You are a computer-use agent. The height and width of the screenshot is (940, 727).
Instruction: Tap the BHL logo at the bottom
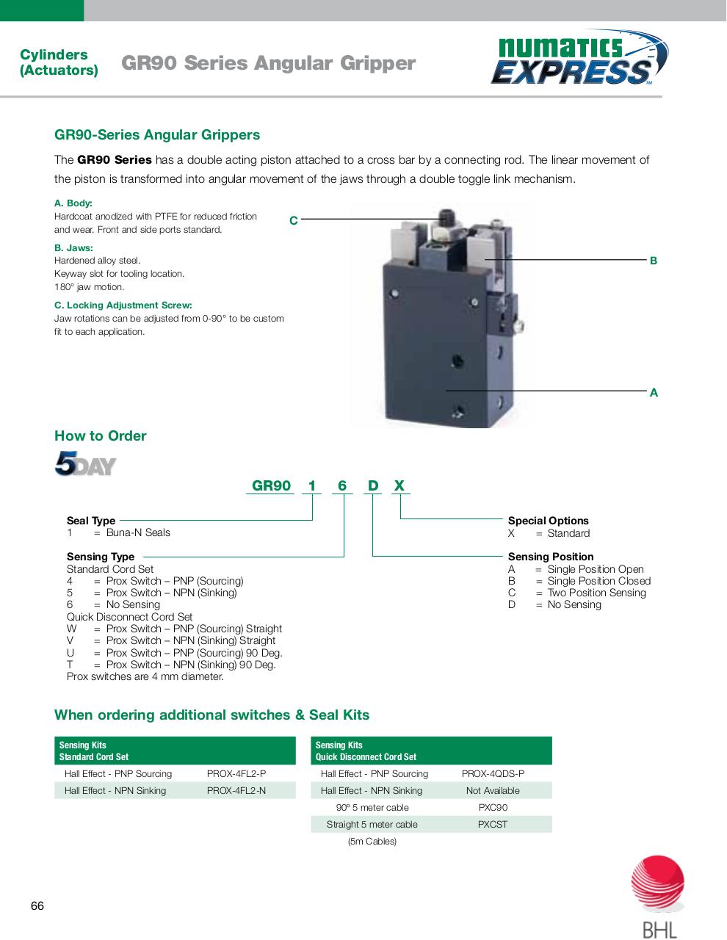658,898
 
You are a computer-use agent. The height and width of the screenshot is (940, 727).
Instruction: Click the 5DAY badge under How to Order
84,464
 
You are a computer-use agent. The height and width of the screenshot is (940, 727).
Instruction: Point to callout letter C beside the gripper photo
293,220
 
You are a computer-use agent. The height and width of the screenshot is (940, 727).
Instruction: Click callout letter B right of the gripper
654,261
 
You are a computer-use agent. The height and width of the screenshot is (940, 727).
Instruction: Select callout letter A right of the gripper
654,393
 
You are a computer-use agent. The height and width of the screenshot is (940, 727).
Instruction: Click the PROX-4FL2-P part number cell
236,774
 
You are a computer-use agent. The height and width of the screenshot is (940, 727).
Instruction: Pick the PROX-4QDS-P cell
493,774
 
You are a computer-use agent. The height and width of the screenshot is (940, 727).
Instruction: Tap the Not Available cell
493,791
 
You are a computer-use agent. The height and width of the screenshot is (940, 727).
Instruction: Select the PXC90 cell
493,808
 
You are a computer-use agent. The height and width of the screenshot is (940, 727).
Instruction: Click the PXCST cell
493,825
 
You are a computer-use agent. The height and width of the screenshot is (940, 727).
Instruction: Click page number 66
37,906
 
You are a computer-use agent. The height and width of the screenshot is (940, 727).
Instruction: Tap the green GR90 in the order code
272,486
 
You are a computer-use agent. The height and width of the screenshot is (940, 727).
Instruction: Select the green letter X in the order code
399,486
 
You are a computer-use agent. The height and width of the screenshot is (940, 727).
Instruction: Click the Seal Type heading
91,521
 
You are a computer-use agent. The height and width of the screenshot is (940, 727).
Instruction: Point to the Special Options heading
548,521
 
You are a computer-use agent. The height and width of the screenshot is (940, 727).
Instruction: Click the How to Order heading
101,436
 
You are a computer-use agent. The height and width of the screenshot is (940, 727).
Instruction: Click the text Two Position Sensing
596,593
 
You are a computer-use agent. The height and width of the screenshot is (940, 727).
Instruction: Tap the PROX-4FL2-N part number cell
236,791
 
